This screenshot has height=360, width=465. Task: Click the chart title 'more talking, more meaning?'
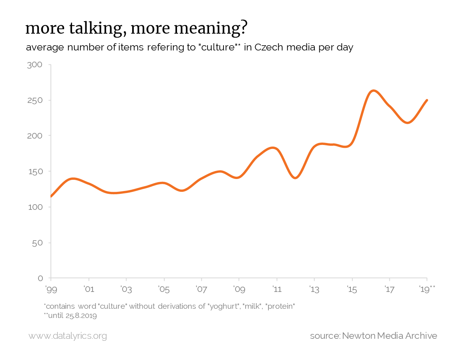136,28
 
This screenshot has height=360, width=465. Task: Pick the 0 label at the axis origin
41,278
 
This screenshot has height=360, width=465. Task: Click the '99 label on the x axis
50,288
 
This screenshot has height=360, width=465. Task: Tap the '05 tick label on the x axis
163,288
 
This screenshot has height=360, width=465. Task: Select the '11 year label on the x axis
276,288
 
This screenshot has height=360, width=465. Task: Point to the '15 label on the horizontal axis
352,288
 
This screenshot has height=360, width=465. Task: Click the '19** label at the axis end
427,288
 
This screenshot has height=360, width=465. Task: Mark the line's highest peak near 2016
373,91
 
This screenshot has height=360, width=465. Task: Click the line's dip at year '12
295,178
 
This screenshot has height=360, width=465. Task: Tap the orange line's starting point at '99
51,196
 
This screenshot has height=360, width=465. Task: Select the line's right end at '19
427,100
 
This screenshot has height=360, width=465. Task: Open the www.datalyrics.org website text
68,336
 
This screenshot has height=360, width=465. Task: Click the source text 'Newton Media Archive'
389,336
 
